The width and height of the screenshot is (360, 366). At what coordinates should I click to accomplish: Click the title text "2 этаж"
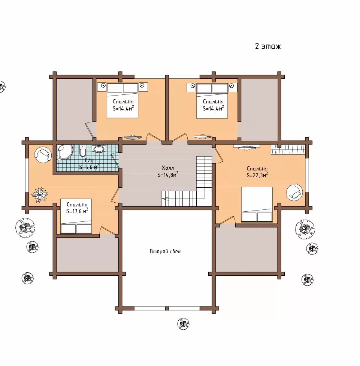click(268, 46)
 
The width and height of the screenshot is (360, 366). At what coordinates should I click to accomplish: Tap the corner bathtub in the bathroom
click(65, 152)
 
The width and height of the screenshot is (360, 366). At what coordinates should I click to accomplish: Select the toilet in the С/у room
click(83, 151)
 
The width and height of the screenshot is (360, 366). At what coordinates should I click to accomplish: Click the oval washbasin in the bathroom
click(99, 148)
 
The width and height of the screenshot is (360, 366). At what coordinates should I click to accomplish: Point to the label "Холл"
click(167, 168)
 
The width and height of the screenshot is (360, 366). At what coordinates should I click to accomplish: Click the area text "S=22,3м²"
click(257, 175)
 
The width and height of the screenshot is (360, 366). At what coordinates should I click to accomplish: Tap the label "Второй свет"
click(166, 251)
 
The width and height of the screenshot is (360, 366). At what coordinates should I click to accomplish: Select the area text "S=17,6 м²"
click(77, 211)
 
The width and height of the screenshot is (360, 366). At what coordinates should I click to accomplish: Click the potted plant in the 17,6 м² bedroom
click(40, 194)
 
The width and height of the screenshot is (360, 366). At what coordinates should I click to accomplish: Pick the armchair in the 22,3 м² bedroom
click(294, 192)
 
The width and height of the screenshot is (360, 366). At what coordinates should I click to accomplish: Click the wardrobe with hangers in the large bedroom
click(288, 149)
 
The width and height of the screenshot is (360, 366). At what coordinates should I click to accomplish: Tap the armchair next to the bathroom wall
click(43, 155)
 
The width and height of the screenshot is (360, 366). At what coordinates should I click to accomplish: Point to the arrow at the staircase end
click(165, 199)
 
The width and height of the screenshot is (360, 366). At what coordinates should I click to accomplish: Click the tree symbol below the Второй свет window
click(183, 324)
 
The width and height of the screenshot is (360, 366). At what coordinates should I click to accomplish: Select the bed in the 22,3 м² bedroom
click(257, 204)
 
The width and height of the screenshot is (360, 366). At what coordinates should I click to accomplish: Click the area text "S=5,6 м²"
click(89, 167)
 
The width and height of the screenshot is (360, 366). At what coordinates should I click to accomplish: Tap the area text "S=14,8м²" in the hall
click(168, 175)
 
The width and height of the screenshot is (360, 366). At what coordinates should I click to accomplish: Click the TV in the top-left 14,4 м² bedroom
click(133, 137)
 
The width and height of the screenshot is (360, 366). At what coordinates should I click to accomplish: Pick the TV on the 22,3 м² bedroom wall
click(246, 147)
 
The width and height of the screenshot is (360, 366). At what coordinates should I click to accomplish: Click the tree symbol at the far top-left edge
click(2, 87)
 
